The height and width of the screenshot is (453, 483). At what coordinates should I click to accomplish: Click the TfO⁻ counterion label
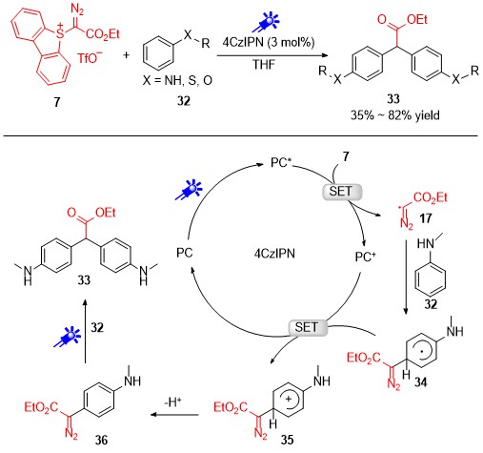(x=90, y=57)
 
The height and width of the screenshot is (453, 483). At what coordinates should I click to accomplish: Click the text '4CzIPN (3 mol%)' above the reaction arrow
(x=269, y=42)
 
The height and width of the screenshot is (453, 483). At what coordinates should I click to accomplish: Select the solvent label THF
(x=264, y=65)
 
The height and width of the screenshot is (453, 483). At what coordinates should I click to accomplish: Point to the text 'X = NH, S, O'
(x=177, y=80)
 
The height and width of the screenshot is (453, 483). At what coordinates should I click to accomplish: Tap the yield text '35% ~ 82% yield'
(x=395, y=115)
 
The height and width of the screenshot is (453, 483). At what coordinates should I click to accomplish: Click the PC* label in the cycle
(x=281, y=163)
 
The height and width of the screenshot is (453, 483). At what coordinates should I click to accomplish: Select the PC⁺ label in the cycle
(x=366, y=257)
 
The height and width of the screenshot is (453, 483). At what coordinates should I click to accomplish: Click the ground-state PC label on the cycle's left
(x=185, y=253)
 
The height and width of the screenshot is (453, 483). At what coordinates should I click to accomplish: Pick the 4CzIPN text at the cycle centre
(x=274, y=254)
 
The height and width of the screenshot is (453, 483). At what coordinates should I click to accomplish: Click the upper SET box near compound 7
(x=342, y=192)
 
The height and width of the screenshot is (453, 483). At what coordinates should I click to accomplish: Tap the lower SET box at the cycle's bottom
(x=308, y=328)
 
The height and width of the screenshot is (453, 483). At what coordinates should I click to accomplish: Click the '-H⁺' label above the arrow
(x=172, y=402)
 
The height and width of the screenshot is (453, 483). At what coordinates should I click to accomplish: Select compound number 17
(x=425, y=218)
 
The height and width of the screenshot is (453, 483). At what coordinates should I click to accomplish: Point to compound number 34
(x=420, y=381)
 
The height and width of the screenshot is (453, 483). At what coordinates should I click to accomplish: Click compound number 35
(x=287, y=440)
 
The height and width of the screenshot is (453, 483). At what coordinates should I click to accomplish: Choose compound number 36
(x=102, y=440)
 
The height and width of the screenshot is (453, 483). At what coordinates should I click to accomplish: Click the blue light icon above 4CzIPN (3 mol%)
(x=266, y=22)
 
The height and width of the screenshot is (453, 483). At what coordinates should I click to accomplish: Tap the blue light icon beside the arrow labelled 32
(x=68, y=337)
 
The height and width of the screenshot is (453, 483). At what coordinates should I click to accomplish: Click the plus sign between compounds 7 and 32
(x=126, y=55)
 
